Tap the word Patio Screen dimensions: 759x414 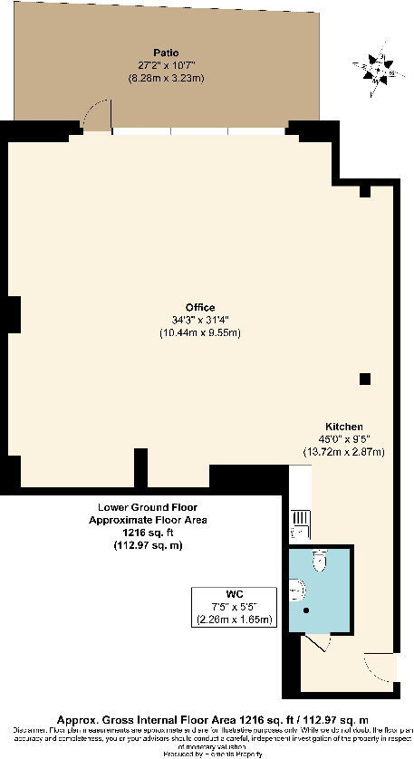pos(165,53)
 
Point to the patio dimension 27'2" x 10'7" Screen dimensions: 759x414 pos(165,65)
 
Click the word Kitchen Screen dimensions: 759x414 pos(345,426)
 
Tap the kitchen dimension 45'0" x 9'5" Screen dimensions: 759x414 pos(345,438)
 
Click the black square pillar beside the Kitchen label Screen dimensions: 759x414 pos(364,378)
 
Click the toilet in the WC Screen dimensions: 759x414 pos(317,562)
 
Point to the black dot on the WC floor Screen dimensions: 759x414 pos(307,610)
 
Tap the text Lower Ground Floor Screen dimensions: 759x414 pos(148,508)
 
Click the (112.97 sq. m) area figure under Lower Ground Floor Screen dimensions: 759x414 pos(148,546)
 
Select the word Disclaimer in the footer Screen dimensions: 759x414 pos(32,730)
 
